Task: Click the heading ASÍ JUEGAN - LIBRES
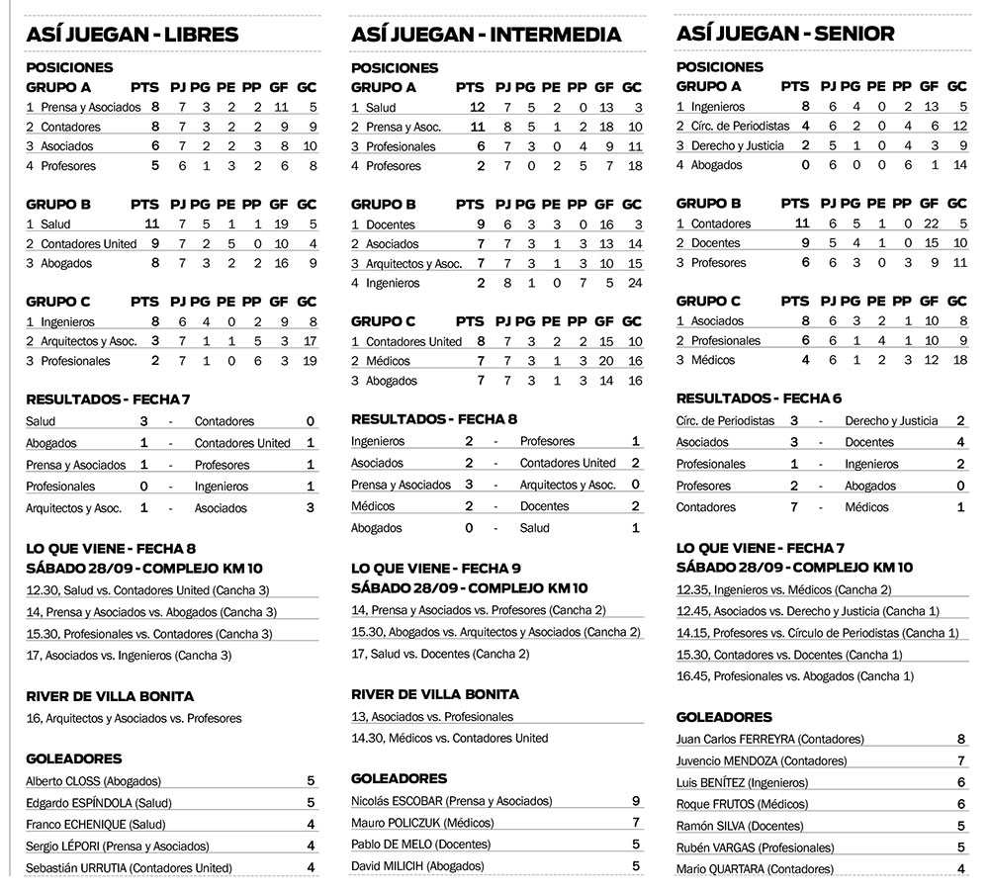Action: click(133, 35)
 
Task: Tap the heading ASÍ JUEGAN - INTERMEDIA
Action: click(487, 35)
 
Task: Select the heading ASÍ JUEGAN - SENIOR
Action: click(786, 34)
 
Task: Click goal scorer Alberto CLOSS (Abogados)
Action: click(93, 781)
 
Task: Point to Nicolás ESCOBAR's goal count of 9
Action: click(636, 801)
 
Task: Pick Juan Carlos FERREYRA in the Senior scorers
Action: click(770, 739)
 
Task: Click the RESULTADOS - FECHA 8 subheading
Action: click(434, 418)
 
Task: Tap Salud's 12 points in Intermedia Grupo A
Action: click(477, 107)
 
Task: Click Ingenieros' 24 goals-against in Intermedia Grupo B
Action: click(633, 283)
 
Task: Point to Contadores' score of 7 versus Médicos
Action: click(794, 507)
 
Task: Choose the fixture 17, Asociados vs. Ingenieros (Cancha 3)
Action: click(137, 656)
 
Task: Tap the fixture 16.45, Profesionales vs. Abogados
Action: click(795, 676)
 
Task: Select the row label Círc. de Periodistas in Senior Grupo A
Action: click(733, 126)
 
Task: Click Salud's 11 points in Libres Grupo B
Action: click(151, 224)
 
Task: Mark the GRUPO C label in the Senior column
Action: click(709, 302)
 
